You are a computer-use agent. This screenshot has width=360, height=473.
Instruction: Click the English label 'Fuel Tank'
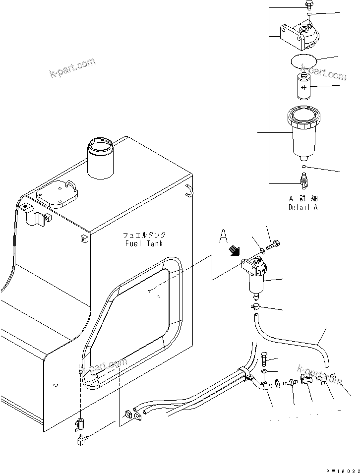[x=144, y=243]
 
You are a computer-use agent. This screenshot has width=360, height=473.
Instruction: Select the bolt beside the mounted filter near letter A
[x=272, y=244]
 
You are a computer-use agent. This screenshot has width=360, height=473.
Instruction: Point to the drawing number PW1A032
[x=342, y=469]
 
